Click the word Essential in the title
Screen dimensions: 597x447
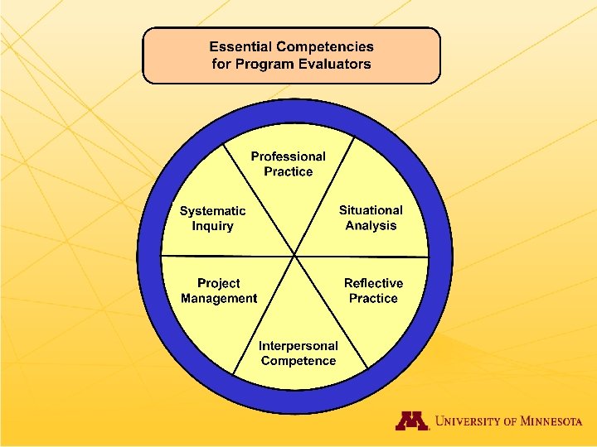click(x=240, y=47)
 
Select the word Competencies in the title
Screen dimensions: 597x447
click(x=324, y=47)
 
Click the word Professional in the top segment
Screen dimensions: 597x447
click(x=288, y=156)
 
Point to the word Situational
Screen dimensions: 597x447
click(x=371, y=210)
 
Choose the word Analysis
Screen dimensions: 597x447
click(x=371, y=226)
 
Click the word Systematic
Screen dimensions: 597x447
click(x=212, y=211)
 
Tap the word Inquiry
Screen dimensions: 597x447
click(x=212, y=226)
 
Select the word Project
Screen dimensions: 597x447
click(x=219, y=283)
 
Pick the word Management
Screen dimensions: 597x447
click(x=219, y=298)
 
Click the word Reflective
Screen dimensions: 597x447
click(x=373, y=283)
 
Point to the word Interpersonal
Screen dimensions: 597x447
click(x=298, y=346)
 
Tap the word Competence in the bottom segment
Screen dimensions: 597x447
click(x=298, y=361)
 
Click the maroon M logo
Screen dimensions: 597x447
click(x=411, y=421)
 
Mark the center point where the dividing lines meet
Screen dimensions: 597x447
click(x=295, y=256)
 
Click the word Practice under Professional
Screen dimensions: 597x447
click(x=288, y=172)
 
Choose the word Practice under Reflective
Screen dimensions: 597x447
click(x=373, y=298)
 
